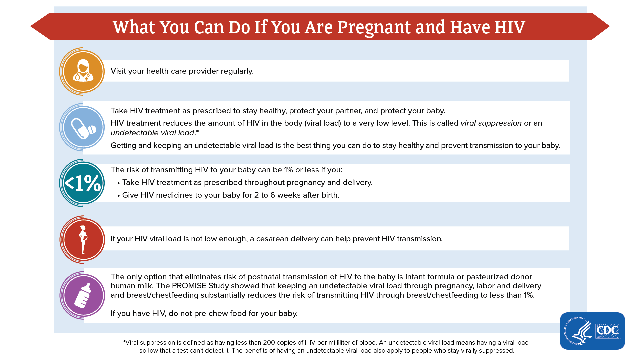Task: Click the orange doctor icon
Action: coord(82,71)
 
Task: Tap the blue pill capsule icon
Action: coord(83,127)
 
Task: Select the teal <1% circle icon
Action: coord(83,183)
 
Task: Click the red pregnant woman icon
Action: coord(83,240)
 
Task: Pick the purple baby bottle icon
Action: coord(83,295)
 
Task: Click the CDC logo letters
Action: coord(607,331)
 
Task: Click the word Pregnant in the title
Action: coord(374,27)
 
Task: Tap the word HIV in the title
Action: coord(510,27)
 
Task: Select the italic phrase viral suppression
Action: coord(491,123)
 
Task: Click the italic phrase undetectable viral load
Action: coord(153,133)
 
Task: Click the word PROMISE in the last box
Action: coord(189,286)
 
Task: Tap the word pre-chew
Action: coord(209,314)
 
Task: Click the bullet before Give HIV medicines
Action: coord(118,196)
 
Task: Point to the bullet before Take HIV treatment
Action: coord(118,183)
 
